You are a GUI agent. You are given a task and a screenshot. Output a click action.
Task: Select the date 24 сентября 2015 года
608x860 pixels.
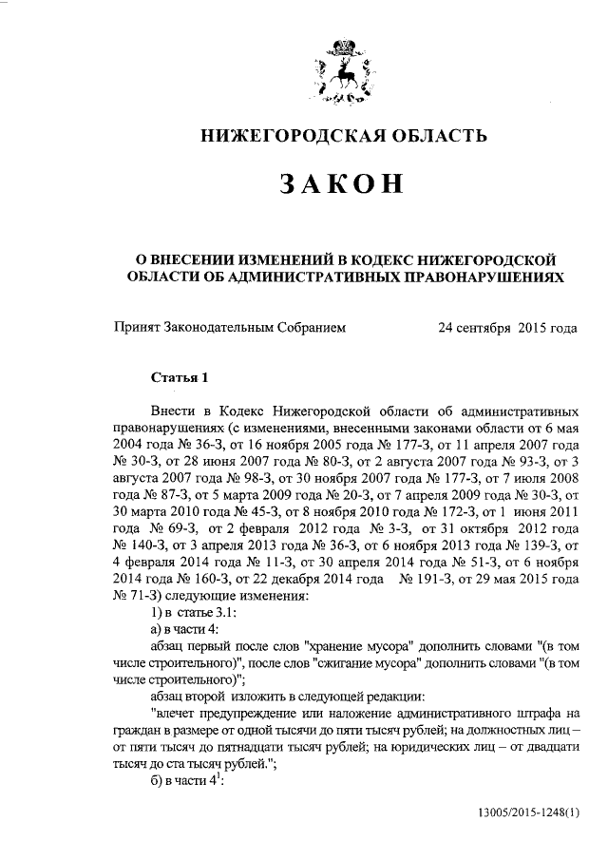click(507, 329)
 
